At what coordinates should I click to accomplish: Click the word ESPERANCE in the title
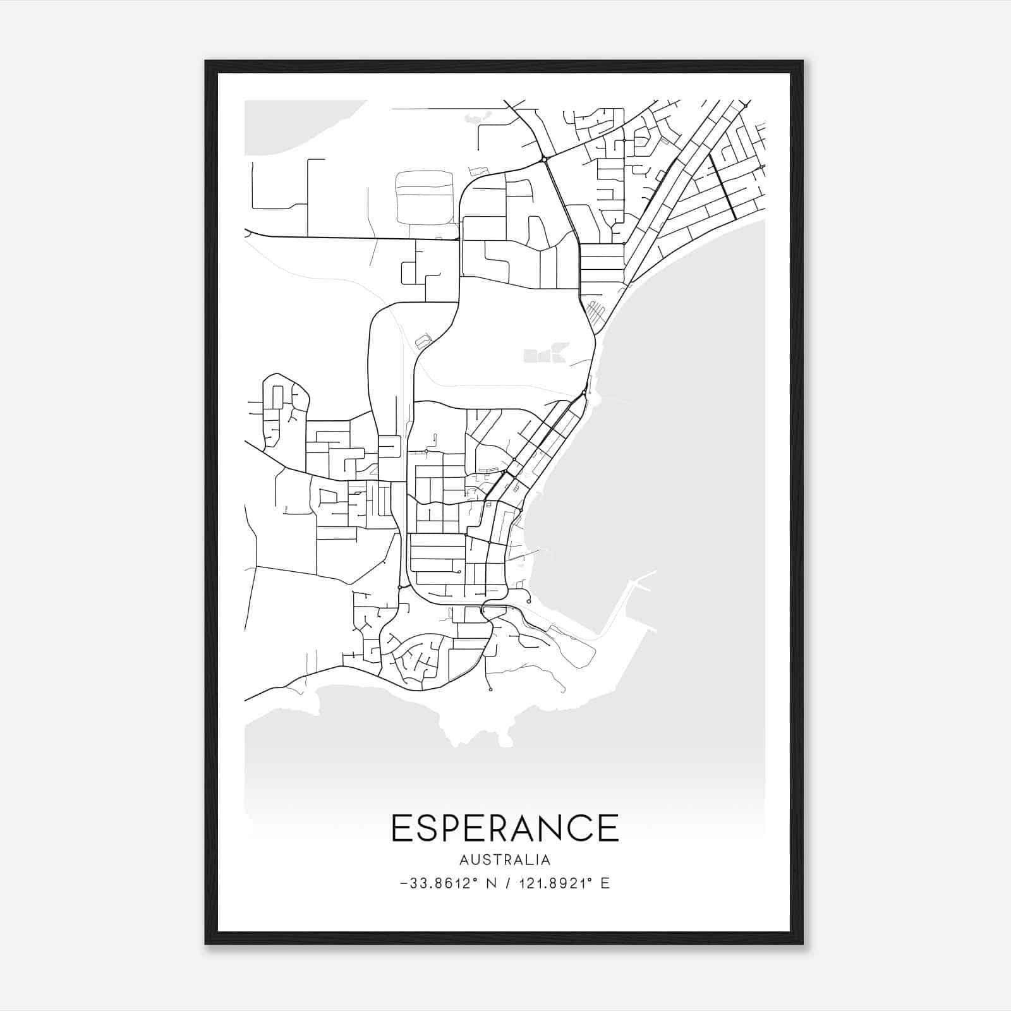(505, 828)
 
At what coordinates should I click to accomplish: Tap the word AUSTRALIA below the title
(505, 860)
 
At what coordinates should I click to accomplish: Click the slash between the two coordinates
(506, 883)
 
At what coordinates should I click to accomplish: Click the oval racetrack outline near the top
(424, 197)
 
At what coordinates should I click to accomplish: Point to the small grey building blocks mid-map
(545, 354)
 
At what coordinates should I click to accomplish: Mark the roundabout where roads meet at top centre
(543, 160)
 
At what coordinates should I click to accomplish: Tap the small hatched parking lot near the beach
(595, 311)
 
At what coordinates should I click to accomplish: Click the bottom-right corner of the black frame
(802, 943)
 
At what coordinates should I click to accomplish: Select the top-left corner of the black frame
(207, 62)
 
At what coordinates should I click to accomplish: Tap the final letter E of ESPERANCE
(608, 828)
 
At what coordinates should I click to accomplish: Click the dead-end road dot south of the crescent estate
(490, 689)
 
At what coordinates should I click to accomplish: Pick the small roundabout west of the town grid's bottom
(399, 588)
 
